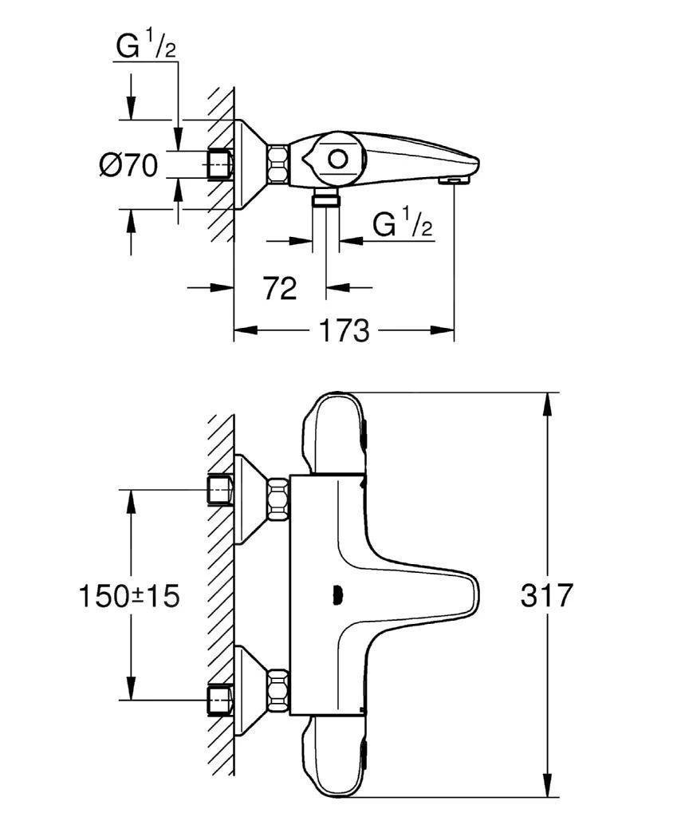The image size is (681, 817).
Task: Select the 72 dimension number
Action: (x=280, y=288)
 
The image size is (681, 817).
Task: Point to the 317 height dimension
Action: (x=547, y=595)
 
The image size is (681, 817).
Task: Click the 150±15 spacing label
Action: (x=128, y=595)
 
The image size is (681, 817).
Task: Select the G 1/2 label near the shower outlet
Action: (x=403, y=224)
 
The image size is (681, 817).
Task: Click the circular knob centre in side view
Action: (x=338, y=158)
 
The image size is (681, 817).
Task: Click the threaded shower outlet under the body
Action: (x=325, y=197)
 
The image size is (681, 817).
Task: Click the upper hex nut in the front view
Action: (x=278, y=499)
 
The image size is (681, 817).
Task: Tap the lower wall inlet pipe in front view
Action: (x=219, y=698)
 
